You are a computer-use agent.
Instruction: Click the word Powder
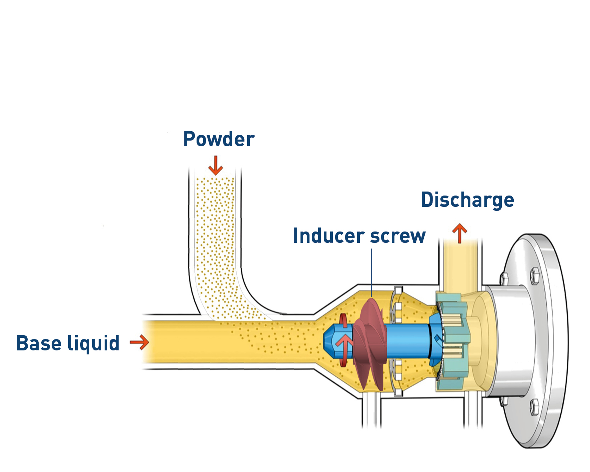tap(219, 139)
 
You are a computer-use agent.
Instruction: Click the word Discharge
tap(467, 200)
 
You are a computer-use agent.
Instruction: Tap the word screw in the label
tap(398, 236)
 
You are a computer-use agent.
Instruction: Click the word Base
tap(39, 343)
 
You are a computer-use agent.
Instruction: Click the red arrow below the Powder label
tap(216, 165)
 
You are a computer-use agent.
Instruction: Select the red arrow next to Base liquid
tap(139, 342)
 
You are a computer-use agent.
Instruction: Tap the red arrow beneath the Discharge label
tap(460, 233)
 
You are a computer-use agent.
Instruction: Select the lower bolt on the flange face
tap(534, 407)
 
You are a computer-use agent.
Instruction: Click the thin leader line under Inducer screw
tap(371, 272)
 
